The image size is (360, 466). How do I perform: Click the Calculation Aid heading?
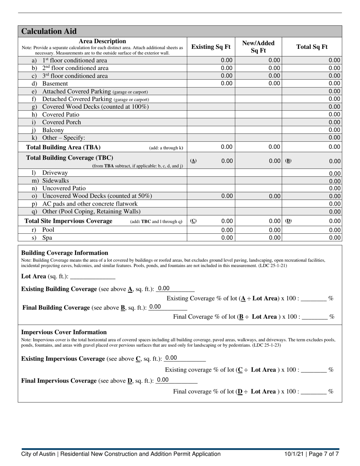[49, 31]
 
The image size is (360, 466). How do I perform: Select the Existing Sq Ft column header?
[211, 47]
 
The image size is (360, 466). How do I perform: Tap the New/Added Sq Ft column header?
[258, 47]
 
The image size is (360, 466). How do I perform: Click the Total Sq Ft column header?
[312, 47]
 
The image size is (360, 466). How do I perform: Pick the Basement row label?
[55, 84]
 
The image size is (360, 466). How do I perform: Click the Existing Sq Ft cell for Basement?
[211, 83]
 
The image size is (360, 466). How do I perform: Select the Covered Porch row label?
[61, 122]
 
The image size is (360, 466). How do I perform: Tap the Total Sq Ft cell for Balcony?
[312, 130]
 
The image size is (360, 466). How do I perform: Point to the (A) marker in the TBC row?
[193, 161]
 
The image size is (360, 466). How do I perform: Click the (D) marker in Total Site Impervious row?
[288, 221]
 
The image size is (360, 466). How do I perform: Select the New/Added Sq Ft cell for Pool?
[258, 230]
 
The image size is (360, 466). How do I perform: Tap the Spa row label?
[47, 238]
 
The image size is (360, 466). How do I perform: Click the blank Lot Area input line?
[92, 277]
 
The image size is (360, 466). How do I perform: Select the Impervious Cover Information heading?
[64, 332]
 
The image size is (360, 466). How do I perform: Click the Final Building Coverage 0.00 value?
[155, 307]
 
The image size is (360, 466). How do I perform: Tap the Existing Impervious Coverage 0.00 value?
[171, 358]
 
